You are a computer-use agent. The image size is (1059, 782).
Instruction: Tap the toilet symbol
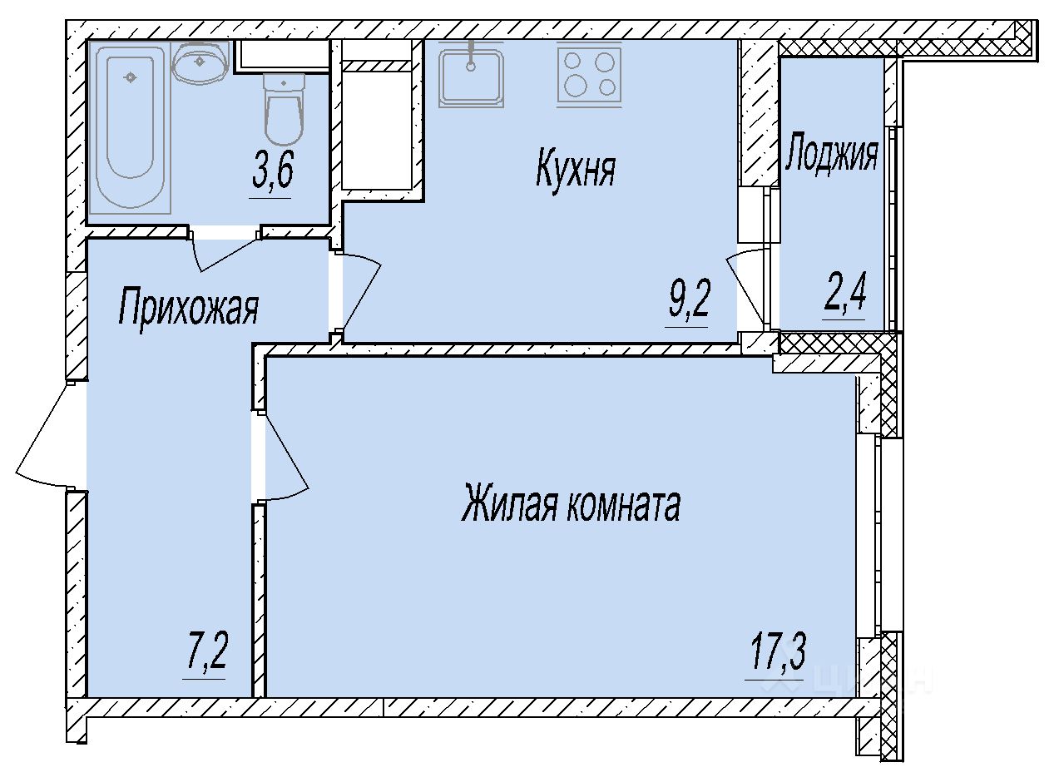284,109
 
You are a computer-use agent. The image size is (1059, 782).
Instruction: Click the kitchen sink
471,77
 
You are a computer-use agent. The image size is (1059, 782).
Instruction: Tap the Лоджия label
832,154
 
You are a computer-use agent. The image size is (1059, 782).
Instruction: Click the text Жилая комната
571,502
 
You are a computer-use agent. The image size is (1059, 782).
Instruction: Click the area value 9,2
689,300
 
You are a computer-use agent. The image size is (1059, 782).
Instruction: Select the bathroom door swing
225,253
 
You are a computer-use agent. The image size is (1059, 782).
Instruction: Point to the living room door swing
284,456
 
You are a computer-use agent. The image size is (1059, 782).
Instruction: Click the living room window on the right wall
868,535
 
